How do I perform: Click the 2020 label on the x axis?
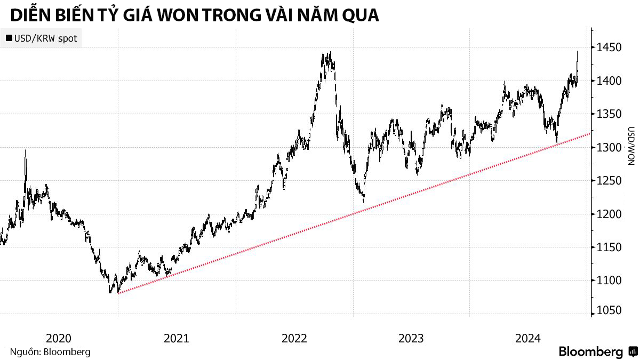coord(59,338)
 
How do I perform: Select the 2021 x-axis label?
coord(177,338)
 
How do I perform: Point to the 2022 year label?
coord(294,338)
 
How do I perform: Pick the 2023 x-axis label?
coord(411,338)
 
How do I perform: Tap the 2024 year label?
coord(529,338)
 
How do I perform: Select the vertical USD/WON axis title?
coord(630,146)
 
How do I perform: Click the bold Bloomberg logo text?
coord(590,352)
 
